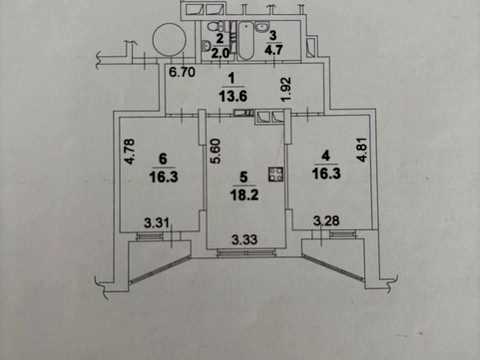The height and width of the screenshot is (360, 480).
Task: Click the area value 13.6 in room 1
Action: point(233,96)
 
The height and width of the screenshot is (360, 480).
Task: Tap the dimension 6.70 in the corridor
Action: point(182,72)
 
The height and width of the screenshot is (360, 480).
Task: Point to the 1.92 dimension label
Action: point(287,89)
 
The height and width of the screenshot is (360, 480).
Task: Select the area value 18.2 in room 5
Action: point(244,195)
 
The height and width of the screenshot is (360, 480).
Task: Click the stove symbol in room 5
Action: point(276,175)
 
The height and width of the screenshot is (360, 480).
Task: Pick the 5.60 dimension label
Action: point(215,151)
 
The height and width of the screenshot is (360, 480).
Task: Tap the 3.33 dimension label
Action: point(245,239)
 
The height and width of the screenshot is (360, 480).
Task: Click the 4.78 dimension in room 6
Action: point(130,151)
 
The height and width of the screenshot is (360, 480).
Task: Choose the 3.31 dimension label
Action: point(157,222)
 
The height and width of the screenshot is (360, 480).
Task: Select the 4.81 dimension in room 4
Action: point(362,150)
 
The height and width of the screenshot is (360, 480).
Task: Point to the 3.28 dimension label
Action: point(326,220)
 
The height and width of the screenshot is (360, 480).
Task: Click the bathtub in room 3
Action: point(246,41)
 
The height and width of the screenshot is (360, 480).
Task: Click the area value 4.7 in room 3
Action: point(273,50)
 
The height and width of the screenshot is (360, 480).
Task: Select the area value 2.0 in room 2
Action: point(220,53)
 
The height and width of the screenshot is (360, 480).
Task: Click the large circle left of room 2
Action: point(169,39)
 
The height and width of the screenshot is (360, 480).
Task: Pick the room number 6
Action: point(163,159)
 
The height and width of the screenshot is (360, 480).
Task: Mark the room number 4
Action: point(325,155)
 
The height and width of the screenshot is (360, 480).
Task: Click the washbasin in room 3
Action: point(263,27)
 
